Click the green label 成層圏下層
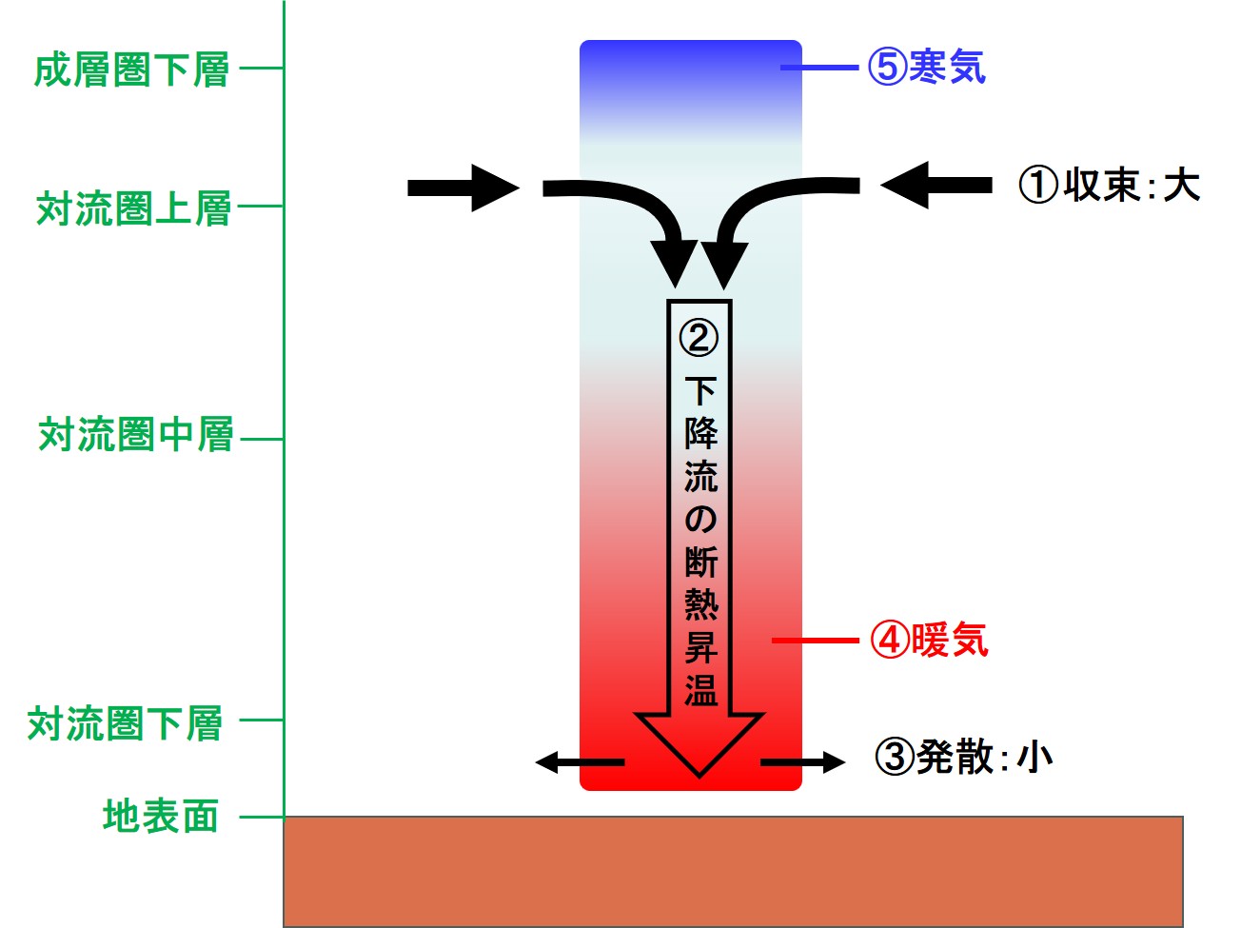132,69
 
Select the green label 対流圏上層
134,208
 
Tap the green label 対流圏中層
136,435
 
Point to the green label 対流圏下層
126,724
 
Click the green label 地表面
161,817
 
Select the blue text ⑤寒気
926,67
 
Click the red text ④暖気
930,641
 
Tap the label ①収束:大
1109,185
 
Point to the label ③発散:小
964,758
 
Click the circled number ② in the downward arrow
699,337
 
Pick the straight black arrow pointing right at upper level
463,188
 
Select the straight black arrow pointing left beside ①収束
936,185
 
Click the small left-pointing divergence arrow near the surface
580,761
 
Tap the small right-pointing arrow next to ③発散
802,761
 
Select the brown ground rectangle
733,870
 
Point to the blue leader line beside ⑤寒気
820,68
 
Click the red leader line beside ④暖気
816,641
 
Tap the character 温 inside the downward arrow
700,690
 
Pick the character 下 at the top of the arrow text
700,390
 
